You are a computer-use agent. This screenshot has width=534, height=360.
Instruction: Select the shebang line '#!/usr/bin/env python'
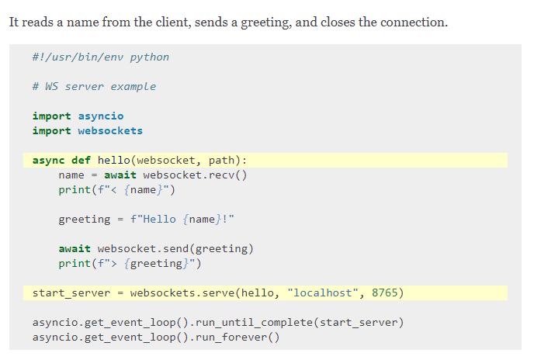pos(100,57)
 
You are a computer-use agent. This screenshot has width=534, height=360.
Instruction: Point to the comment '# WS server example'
pos(94,86)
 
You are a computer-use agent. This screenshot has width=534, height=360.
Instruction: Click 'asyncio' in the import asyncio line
pos(100,116)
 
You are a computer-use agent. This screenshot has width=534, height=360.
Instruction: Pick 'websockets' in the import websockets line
pos(110,130)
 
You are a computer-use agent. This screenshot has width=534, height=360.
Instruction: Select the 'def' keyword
pos(81,161)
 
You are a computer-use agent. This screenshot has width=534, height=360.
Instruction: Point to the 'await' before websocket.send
pos(75,249)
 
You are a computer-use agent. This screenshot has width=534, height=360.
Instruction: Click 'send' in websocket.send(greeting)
pos(175,249)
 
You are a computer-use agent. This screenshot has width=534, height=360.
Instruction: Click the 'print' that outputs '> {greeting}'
pos(75,264)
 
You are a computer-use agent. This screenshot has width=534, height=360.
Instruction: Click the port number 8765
pos(387,293)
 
